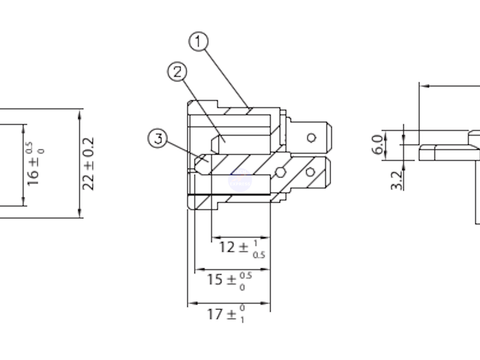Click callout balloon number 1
point(199,41)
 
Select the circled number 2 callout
point(177,72)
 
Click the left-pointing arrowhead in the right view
point(425,86)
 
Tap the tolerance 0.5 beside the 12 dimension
point(259,255)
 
